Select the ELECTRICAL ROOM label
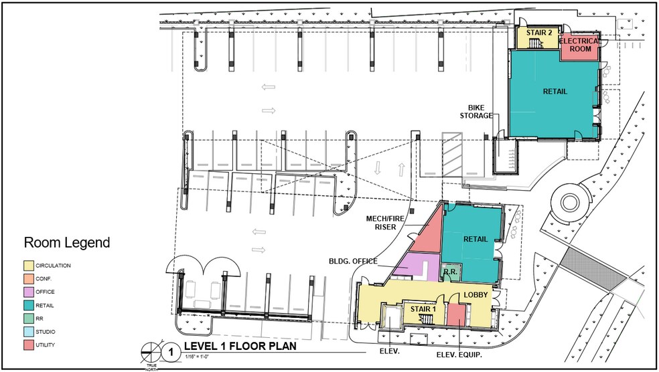[579, 45]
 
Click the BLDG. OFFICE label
[353, 261]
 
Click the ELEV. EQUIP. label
[459, 355]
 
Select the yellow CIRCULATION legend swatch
[29, 266]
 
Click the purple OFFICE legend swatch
[29, 292]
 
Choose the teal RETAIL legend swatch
[29, 305]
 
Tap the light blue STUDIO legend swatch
[29, 331]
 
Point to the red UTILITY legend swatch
[29, 345]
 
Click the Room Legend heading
[67, 242]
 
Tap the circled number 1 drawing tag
[171, 350]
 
